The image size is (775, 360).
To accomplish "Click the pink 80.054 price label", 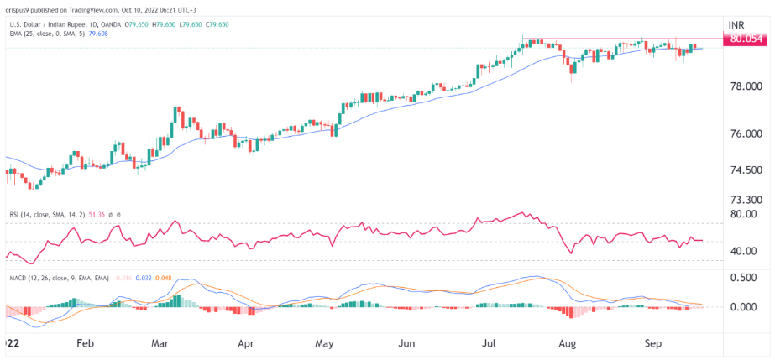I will click(746, 39).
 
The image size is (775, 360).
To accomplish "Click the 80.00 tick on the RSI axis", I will click(744, 214).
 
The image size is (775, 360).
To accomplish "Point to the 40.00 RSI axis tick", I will click(744, 251).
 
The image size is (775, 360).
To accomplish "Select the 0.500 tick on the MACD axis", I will click(745, 278).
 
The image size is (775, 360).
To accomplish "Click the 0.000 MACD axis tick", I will click(745, 307).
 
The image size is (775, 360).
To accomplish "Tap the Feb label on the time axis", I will click(83, 343).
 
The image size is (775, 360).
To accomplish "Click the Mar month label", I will click(161, 343).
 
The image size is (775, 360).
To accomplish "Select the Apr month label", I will click(245, 343).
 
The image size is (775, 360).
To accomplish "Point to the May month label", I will click(326, 343).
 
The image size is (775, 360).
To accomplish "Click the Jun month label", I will click(406, 343).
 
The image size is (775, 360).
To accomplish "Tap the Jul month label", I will click(485, 343).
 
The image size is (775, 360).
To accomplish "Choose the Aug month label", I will click(567, 343).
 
